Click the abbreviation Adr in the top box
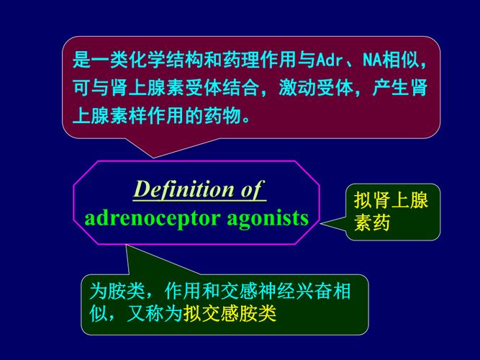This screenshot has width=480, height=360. [x=329, y=60]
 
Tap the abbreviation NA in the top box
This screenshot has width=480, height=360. [x=372, y=60]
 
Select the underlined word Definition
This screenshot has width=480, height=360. [x=184, y=189]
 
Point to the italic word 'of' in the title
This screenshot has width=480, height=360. [x=253, y=189]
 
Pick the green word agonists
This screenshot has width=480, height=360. [x=268, y=219]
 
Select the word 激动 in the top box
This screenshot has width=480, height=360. [x=297, y=88]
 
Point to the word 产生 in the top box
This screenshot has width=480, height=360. [x=391, y=88]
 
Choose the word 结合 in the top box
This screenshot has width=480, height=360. [x=241, y=88]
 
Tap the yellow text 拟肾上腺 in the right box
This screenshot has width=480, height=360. [x=391, y=200]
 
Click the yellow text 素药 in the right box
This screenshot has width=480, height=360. [x=372, y=222]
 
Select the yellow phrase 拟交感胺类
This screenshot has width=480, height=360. [x=230, y=313]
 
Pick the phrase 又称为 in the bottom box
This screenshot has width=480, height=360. [x=155, y=313]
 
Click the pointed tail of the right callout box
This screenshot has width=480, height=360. [x=321, y=224]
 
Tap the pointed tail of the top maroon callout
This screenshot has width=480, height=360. [x=153, y=158]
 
